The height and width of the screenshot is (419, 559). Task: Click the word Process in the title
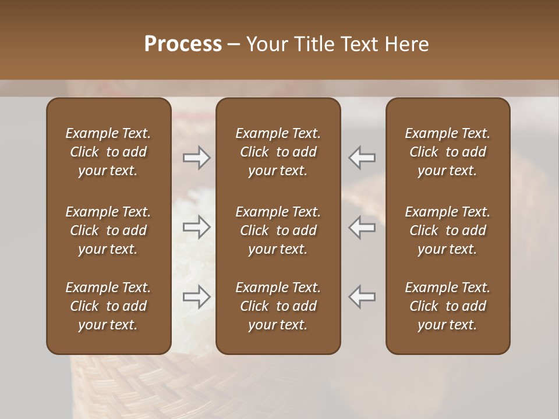[x=183, y=44]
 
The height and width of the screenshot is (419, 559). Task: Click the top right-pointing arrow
[x=197, y=157]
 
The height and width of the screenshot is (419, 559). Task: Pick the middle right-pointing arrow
[x=197, y=227]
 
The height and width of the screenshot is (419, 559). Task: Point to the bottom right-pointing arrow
[x=197, y=297]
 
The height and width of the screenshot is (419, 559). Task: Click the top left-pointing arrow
[x=362, y=157]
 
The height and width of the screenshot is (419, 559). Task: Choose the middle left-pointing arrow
[x=362, y=227]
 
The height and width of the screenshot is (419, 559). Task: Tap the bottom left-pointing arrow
[x=362, y=297]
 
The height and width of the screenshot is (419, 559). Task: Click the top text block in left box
[x=108, y=152]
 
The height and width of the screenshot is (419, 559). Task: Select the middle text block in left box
[x=108, y=230]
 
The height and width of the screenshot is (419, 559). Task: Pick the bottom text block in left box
[x=108, y=306]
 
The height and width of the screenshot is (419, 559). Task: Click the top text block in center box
[x=278, y=152]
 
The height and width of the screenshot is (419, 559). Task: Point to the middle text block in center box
[x=278, y=230]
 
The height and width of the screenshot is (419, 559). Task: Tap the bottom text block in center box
[x=278, y=306]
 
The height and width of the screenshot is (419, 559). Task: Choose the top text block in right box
[x=448, y=152]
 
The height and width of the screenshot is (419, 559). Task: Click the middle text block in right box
[x=448, y=230]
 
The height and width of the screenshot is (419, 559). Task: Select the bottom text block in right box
[x=448, y=306]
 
